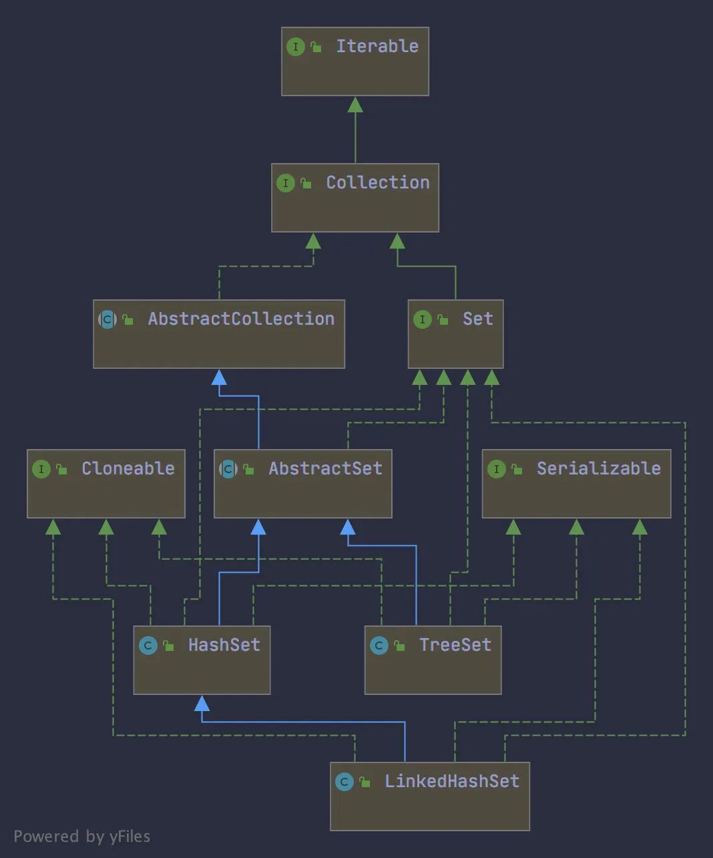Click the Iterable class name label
pos(377,46)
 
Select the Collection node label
pos(377,182)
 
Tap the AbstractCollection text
pos(241,319)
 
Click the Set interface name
pos(477,319)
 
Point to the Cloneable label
pos(128,468)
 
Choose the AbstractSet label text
pos(325,468)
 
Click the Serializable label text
pos(598,468)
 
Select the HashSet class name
pos(224,645)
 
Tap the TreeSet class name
pos(455,645)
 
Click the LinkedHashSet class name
pos(451,781)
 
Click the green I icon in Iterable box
pos(295,47)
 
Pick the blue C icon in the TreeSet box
pos(379,646)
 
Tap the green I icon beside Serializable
pos(496,469)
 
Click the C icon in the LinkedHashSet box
pos(344,782)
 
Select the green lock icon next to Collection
pos(306,183)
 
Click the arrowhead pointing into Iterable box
pos(355,104)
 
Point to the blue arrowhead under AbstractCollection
pos(219,378)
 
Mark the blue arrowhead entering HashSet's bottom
pos(202,703)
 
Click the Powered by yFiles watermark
pos(81,837)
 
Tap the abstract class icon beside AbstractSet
pos(228,469)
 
